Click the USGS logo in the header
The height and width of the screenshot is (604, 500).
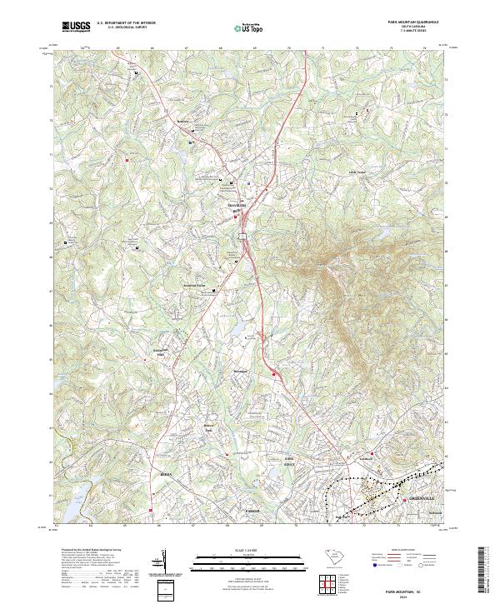click(x=76, y=27)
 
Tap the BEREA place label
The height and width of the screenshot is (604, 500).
click(x=165, y=473)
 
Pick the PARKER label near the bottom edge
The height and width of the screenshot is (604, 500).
click(x=253, y=510)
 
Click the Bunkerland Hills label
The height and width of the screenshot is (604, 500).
click(x=160, y=352)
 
